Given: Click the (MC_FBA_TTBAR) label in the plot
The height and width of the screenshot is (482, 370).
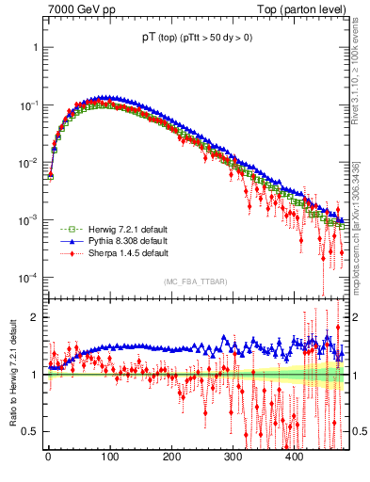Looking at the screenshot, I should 194,281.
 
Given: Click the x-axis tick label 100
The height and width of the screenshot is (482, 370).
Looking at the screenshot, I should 109,458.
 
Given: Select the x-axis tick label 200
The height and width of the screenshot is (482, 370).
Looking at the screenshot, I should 171,458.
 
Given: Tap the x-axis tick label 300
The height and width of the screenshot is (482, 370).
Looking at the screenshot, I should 233,458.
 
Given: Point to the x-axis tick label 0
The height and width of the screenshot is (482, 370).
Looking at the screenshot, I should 48,458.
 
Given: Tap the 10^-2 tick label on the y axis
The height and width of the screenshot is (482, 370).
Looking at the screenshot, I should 27,162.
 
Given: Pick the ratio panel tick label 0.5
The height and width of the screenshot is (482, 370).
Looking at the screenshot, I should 30,431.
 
